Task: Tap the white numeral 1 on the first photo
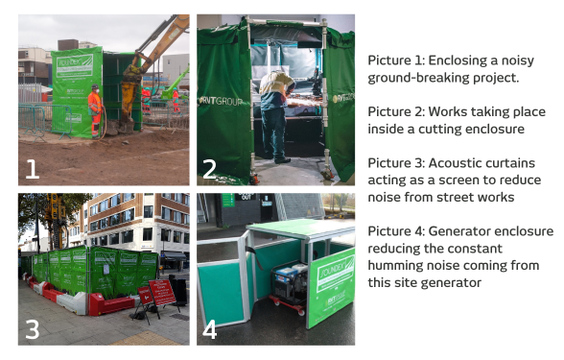click(x=33, y=169)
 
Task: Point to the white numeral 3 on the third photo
click(x=33, y=328)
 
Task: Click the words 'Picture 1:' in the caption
click(x=394, y=60)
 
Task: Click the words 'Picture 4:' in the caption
click(x=394, y=231)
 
